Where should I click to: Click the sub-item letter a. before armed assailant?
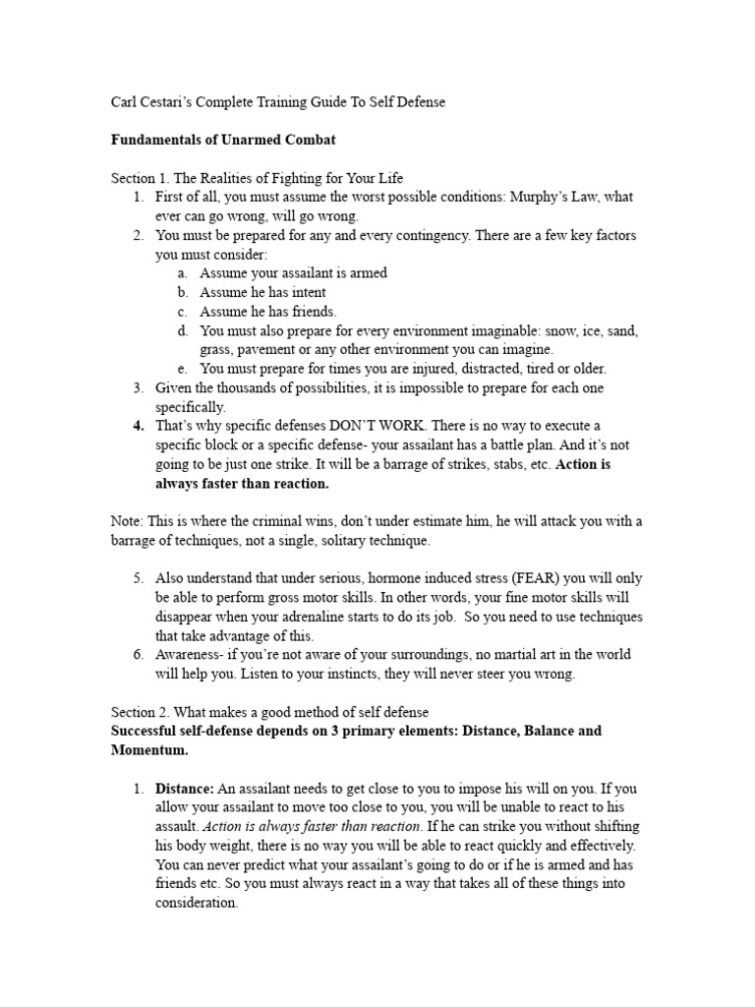[x=183, y=273]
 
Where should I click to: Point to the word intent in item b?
[x=307, y=292]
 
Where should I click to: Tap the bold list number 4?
[x=139, y=426]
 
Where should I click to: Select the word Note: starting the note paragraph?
[x=127, y=521]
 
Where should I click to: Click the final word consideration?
[x=196, y=903]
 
